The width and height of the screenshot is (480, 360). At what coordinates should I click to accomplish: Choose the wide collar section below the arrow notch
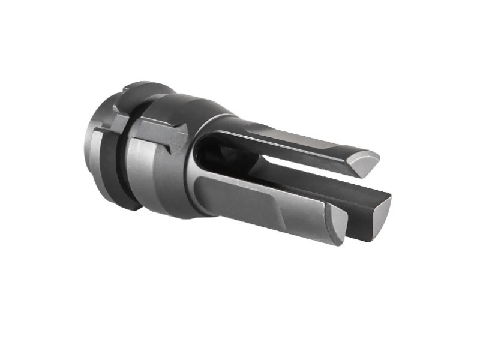pos(162,180)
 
